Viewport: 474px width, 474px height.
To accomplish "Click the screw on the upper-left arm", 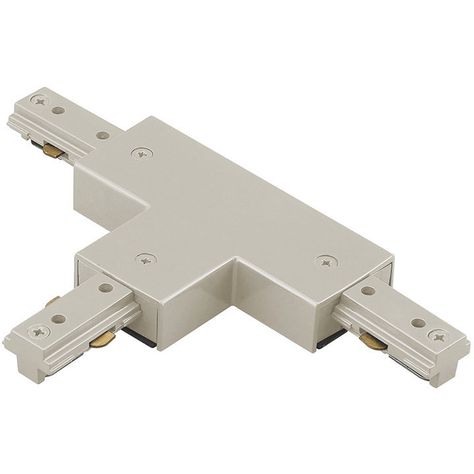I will [41, 101].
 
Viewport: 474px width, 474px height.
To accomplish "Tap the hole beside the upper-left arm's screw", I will [59, 110].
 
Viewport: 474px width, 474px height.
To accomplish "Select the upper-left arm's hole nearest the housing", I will [102, 135].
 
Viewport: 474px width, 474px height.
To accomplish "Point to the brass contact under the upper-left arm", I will [53, 151].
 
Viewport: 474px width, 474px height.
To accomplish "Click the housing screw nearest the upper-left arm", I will [140, 153].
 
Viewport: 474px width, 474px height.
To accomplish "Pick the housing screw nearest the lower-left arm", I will [146, 259].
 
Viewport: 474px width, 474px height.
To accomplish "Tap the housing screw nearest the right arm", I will [325, 261].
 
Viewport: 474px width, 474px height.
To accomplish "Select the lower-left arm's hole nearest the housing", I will [105, 287].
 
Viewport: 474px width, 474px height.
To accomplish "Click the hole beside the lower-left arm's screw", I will [59, 319].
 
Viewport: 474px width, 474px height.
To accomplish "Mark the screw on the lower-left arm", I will [40, 331].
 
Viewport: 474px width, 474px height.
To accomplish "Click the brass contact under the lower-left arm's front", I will [102, 340].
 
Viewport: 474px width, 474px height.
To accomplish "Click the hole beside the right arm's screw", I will [417, 323].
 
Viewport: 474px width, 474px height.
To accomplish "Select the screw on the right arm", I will [437, 336].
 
